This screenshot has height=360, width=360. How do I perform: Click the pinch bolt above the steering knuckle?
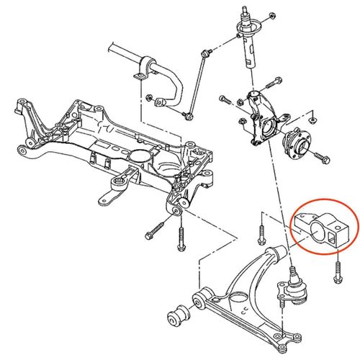(x=272, y=81)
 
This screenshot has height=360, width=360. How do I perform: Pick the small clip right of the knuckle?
(x=313, y=115)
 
